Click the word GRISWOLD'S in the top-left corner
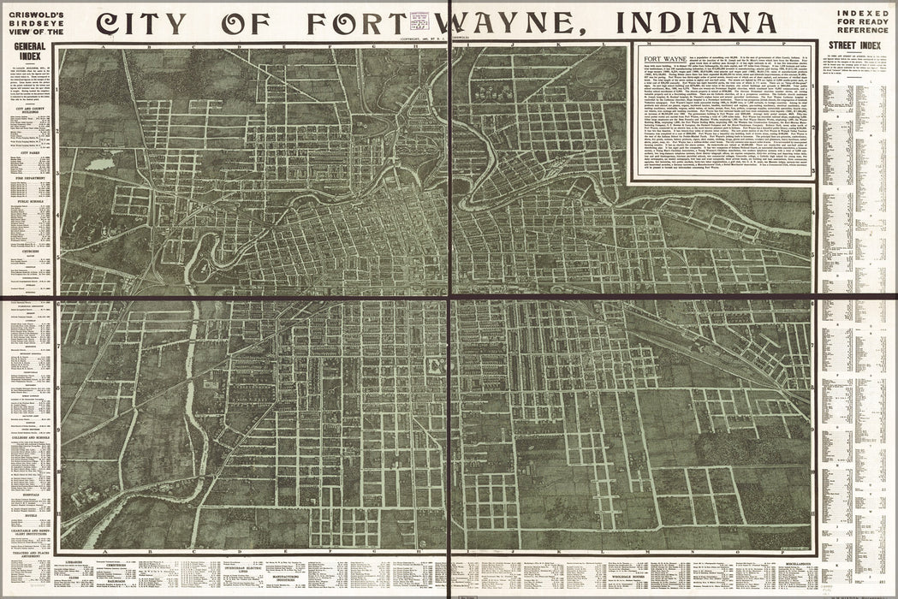tap(29, 9)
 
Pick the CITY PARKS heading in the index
tap(27, 151)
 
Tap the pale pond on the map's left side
tap(101, 163)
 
